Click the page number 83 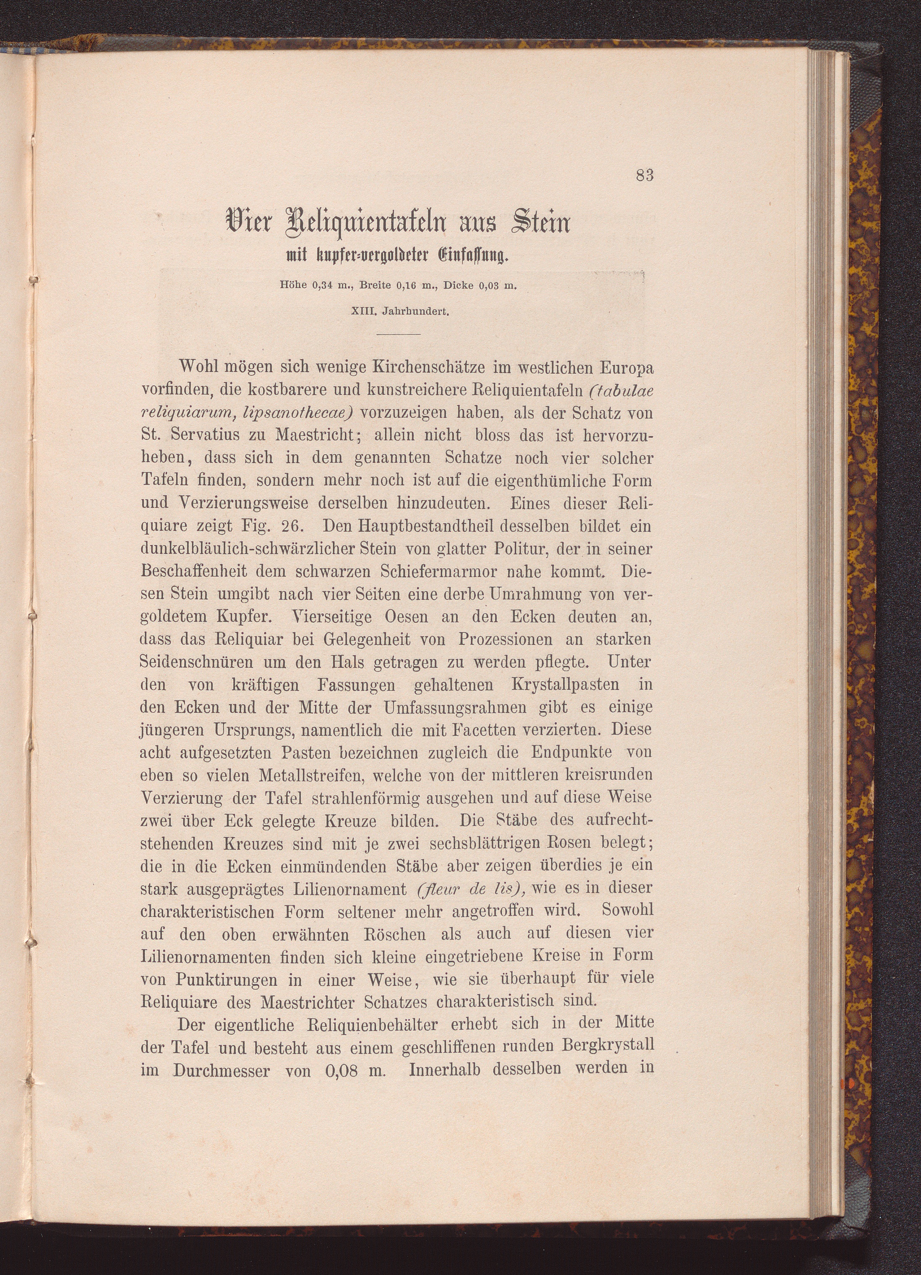(645, 175)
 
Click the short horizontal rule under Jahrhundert (398, 335)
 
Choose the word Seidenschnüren (197, 663)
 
